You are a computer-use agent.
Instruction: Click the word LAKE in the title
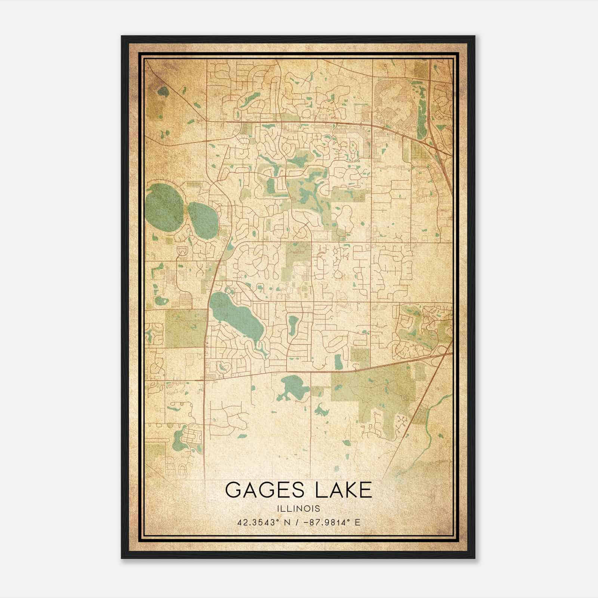tap(343, 490)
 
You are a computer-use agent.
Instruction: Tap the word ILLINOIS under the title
tap(298, 509)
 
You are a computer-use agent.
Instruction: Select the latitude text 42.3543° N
tap(261, 522)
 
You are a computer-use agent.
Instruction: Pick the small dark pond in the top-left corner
tap(163, 91)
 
